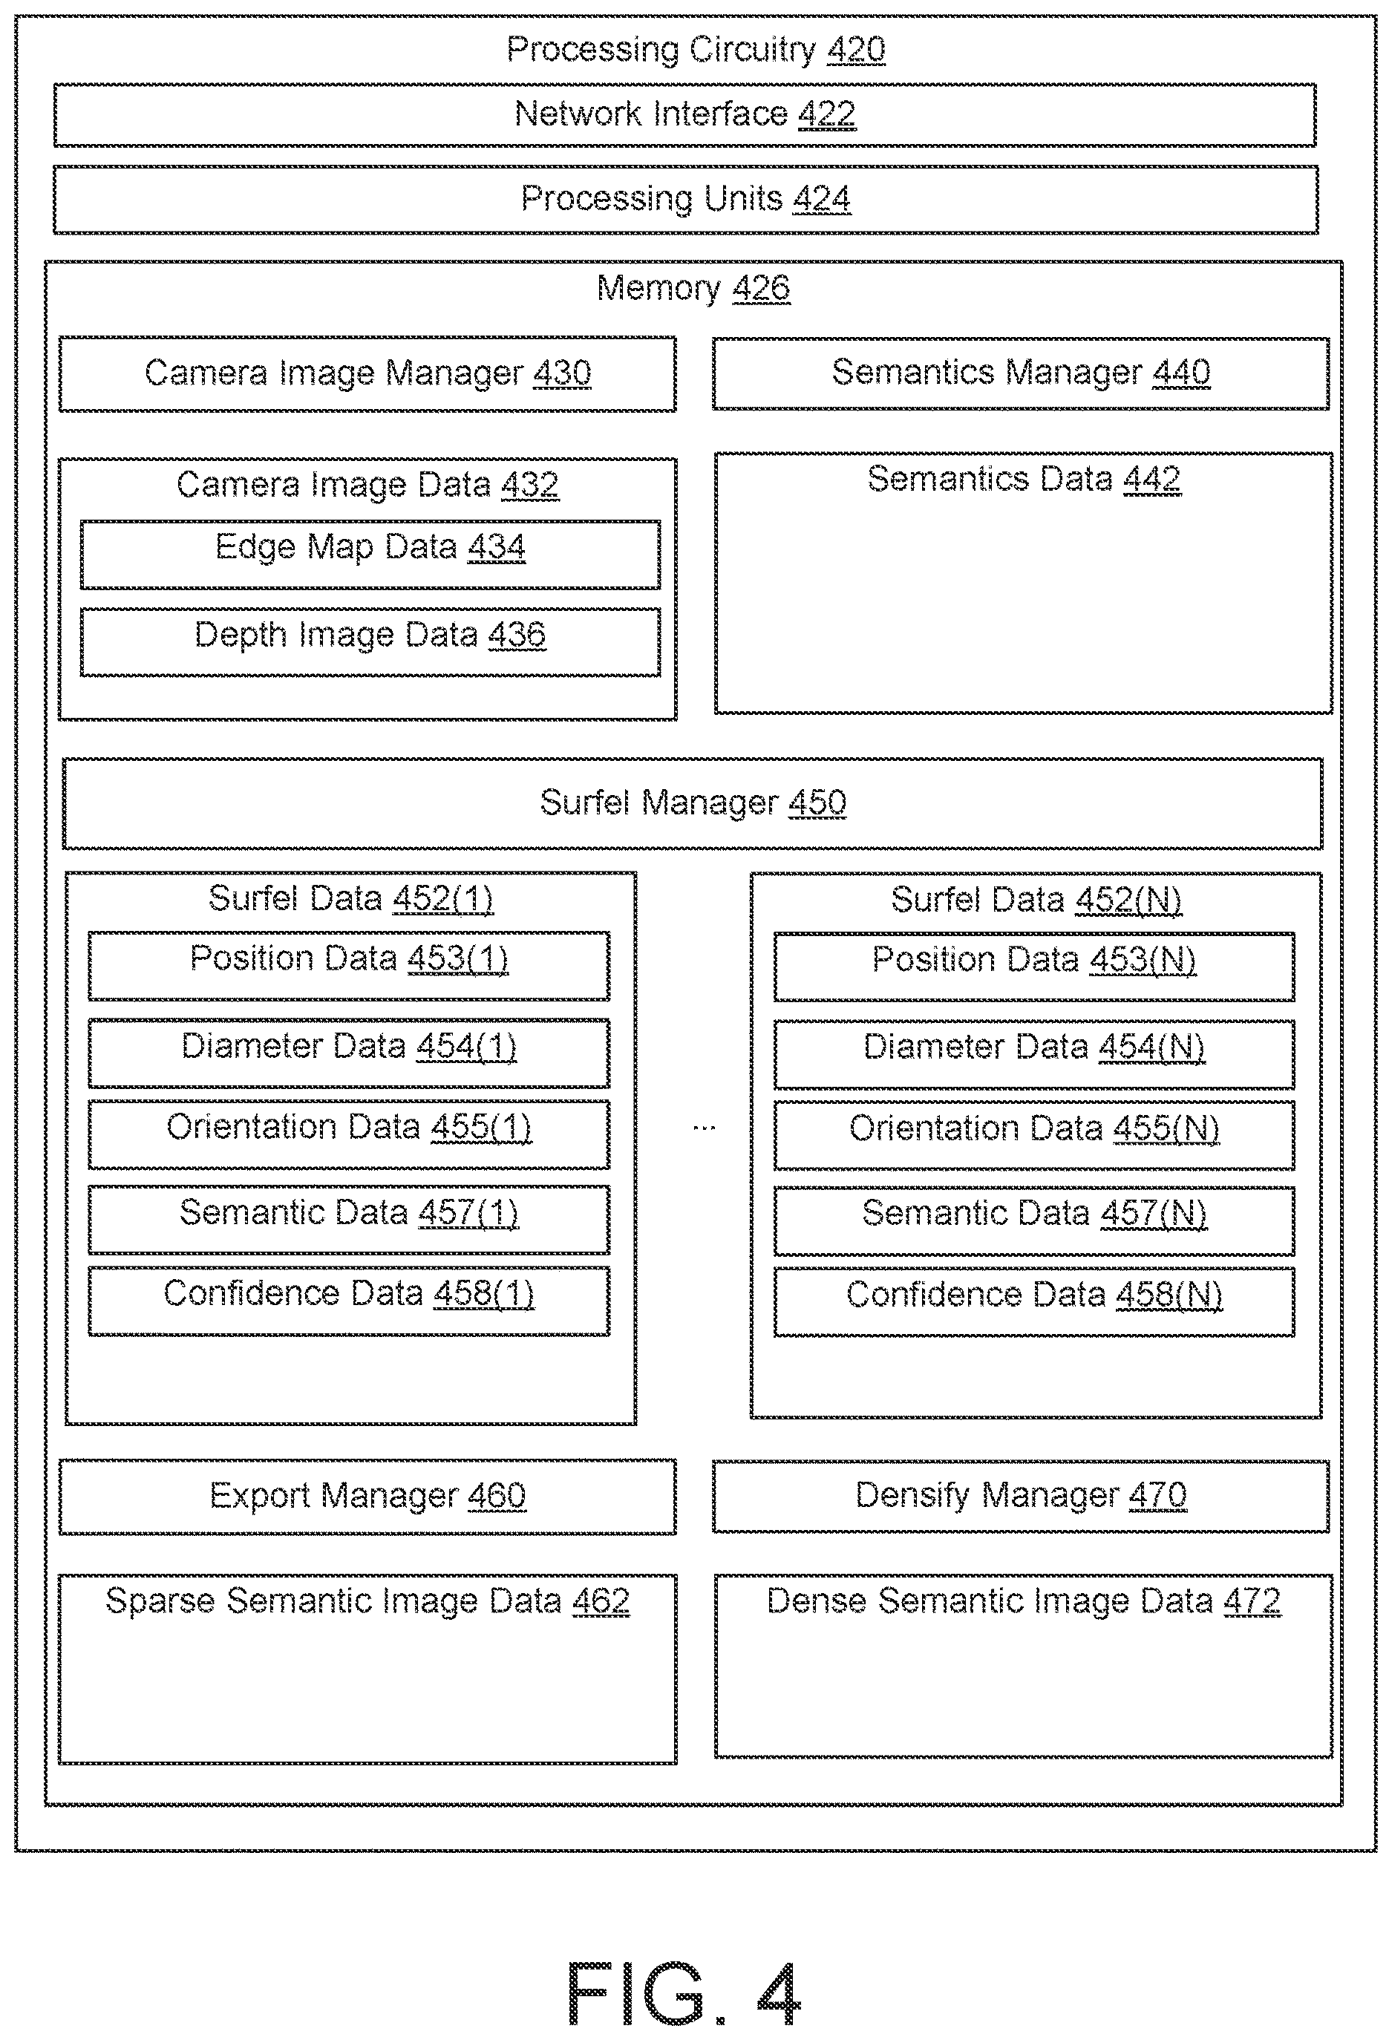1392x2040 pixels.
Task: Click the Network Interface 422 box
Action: (684, 115)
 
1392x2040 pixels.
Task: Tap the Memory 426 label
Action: (693, 288)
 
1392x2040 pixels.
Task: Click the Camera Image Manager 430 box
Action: (367, 374)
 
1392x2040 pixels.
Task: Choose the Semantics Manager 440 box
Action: (1021, 373)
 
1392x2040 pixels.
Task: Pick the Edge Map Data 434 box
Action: (370, 555)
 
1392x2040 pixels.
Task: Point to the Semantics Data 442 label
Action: (1023, 480)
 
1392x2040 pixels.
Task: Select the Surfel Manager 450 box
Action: (693, 804)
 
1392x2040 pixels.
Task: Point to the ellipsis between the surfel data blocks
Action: (704, 1128)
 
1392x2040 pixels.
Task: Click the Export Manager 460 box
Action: (367, 1497)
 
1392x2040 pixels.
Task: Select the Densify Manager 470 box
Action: (1021, 1497)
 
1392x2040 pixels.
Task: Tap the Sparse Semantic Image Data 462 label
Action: (367, 1601)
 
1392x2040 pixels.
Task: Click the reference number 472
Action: (1252, 1601)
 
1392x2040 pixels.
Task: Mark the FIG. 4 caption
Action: (684, 1992)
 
